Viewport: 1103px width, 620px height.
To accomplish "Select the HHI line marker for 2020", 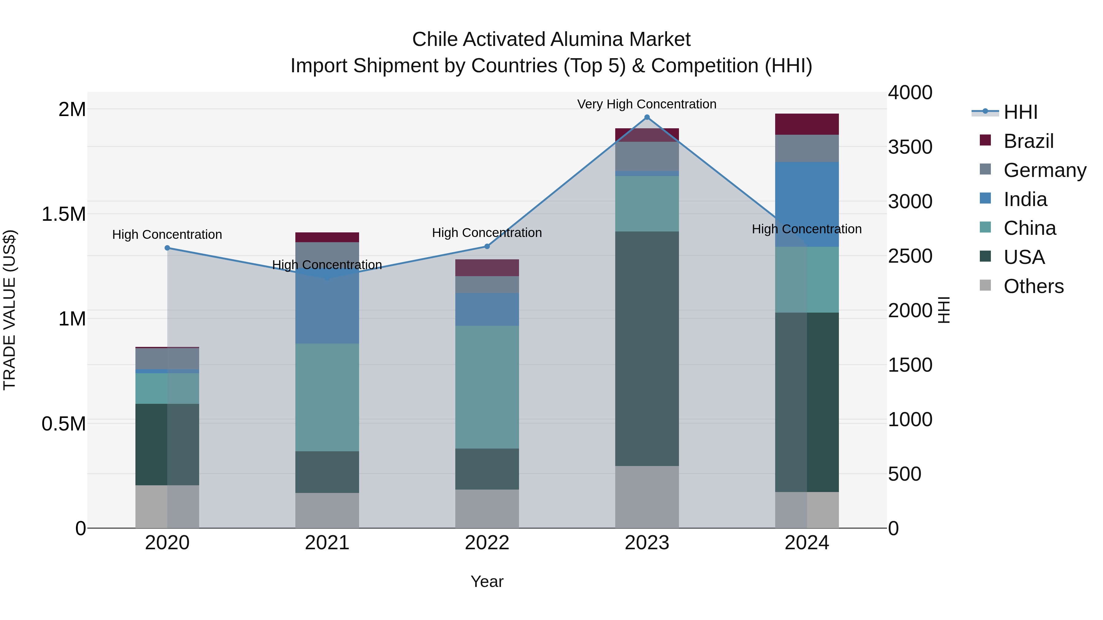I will tap(167, 248).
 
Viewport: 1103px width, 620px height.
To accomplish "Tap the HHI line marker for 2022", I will tap(487, 246).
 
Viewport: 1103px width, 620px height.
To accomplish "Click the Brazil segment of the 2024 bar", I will tap(807, 124).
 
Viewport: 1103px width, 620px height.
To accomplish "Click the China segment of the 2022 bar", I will tap(487, 387).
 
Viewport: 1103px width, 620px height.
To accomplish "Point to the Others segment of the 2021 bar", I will tap(327, 510).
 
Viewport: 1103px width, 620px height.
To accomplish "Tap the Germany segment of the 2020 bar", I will tap(167, 359).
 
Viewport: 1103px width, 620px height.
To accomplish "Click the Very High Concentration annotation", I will tap(646, 104).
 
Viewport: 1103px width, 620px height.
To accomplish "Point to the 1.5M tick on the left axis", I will tap(63, 214).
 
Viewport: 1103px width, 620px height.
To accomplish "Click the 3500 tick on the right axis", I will tap(910, 147).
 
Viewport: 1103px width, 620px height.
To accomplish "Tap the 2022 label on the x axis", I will tap(487, 543).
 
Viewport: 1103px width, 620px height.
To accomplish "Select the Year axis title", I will tap(487, 581).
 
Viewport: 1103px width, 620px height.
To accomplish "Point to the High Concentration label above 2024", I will tap(807, 229).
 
